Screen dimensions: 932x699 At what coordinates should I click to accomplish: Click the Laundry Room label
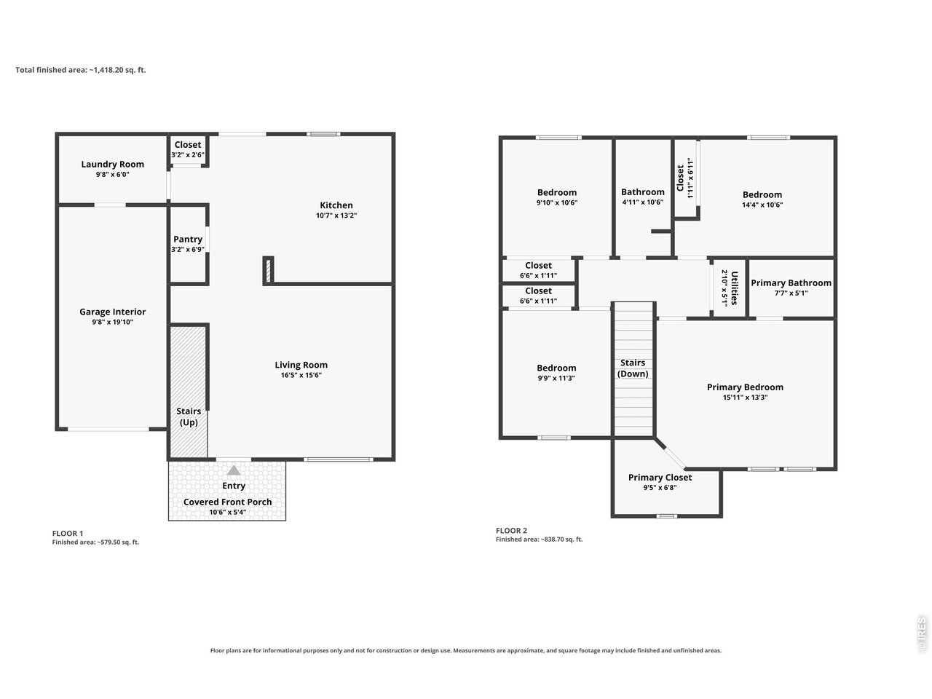point(113,165)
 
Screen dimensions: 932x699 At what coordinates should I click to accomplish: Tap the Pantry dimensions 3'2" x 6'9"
point(188,250)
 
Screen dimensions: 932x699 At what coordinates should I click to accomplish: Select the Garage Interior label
point(113,312)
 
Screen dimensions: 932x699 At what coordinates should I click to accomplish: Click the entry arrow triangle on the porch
point(234,470)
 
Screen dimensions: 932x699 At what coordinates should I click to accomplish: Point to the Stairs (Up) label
point(189,416)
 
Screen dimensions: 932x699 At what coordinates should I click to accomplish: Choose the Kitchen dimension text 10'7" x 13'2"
point(336,216)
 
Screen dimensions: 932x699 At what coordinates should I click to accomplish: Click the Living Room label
point(301,365)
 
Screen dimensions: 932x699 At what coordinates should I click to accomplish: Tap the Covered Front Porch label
point(228,502)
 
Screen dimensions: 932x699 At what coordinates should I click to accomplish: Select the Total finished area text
point(81,70)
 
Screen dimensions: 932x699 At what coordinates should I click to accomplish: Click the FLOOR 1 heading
point(68,534)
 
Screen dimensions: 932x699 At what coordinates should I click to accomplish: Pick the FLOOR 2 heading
point(511,531)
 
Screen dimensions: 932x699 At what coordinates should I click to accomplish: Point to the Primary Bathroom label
point(791,283)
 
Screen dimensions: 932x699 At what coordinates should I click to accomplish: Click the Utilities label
point(734,288)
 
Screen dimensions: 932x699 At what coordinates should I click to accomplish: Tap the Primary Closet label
point(660,478)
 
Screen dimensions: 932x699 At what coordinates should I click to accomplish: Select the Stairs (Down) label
point(633,368)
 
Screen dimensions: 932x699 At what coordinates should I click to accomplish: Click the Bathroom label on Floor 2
point(643,192)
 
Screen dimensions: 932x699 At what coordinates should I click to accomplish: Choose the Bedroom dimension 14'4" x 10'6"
point(762,205)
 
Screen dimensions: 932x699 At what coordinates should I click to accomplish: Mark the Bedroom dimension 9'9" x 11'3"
point(556,378)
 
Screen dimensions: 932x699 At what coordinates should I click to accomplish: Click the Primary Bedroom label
point(745,387)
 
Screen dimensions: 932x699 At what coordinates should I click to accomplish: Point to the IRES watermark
point(921,634)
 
